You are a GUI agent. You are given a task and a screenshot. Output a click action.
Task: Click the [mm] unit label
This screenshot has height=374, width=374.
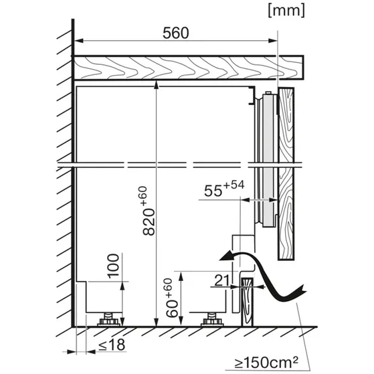tap(286, 11)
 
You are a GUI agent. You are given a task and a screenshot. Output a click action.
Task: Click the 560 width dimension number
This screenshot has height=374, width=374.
tap(176, 33)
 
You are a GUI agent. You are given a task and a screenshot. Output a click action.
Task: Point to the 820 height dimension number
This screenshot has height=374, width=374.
tap(149, 222)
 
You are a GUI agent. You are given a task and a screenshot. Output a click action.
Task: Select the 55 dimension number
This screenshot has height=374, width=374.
tap(213, 191)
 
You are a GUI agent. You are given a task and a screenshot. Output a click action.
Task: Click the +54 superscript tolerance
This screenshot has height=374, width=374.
tap(233, 185)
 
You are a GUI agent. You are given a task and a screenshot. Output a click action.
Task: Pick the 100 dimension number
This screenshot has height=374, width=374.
tap(113, 266)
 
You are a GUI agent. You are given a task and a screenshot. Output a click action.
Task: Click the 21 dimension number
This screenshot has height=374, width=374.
tap(222, 280)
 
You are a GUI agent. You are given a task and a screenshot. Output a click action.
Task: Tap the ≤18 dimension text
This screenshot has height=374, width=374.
tap(112, 345)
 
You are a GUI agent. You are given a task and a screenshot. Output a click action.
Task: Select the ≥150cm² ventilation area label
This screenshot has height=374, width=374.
tap(266, 363)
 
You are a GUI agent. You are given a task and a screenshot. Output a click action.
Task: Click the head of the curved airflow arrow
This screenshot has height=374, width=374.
tap(226, 256)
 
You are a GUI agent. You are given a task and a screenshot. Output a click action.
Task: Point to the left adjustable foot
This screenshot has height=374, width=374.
tap(108, 320)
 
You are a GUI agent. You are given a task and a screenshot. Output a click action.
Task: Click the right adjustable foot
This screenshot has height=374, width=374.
tap(212, 320)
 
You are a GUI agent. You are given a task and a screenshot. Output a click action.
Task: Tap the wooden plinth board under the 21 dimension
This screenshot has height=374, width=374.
tap(247, 302)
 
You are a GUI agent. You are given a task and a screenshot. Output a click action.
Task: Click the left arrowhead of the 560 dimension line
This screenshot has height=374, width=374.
tap(79, 41)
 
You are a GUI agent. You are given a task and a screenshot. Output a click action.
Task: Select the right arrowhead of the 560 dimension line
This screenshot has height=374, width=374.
tap(273, 41)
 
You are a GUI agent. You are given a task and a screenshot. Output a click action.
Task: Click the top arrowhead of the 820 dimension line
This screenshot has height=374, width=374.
tap(157, 85)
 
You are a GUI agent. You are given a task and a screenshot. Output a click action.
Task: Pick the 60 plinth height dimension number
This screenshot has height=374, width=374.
tap(172, 308)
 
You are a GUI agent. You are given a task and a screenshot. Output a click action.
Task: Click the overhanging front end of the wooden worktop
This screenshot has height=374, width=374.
tap(292, 68)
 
